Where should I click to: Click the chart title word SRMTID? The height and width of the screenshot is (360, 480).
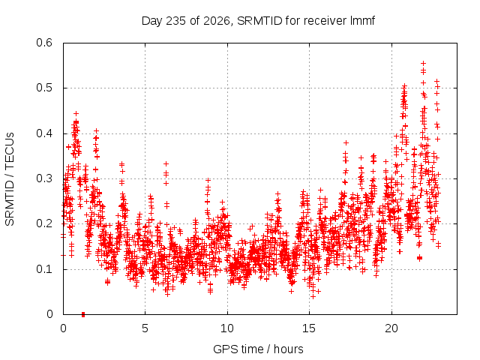(259, 21)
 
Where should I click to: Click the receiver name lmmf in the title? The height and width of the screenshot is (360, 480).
(362, 21)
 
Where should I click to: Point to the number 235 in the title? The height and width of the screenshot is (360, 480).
(175, 21)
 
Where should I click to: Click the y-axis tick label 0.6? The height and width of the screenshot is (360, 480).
(44, 43)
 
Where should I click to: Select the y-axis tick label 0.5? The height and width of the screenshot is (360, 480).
(44, 88)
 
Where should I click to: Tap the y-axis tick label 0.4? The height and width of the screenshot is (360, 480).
(44, 133)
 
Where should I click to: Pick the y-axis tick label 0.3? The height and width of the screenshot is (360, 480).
(44, 178)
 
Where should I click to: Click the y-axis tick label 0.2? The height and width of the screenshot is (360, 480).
(44, 223)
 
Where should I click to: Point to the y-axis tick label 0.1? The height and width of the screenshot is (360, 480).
(44, 269)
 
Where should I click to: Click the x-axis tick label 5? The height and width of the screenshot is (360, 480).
(145, 328)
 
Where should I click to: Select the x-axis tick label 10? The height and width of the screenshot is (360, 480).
(227, 328)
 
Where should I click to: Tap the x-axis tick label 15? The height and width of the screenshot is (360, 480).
(309, 328)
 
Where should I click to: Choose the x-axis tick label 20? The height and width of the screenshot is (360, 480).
(391, 328)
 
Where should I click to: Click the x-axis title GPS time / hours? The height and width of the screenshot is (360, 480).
(258, 349)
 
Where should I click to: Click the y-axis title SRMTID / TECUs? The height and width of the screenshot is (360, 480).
(10, 179)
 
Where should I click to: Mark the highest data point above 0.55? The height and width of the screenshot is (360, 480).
(423, 63)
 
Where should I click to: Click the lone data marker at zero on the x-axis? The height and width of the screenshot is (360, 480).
(83, 314)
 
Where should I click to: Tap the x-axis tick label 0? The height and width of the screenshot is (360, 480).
(63, 328)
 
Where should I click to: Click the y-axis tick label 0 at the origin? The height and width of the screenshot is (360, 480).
(49, 314)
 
